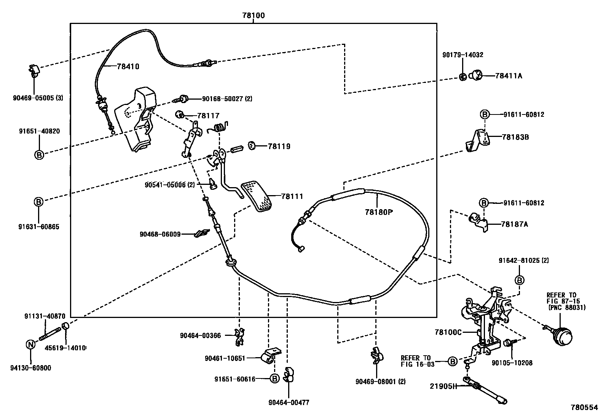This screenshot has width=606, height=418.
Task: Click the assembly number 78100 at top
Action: pyautogui.click(x=253, y=16)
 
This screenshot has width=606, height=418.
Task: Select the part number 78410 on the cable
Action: pyautogui.click(x=128, y=67)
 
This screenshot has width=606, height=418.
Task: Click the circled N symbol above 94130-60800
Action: pyautogui.click(x=30, y=345)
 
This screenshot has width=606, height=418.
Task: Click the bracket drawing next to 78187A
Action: pyautogui.click(x=477, y=221)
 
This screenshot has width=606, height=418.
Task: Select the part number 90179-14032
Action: pyautogui.click(x=462, y=55)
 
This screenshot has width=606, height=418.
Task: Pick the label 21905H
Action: pyautogui.click(x=443, y=386)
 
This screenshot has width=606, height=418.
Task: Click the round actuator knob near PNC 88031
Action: pyautogui.click(x=562, y=337)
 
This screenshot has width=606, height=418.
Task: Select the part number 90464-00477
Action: pyautogui.click(x=289, y=402)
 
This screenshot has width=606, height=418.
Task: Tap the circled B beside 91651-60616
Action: pyautogui.click(x=274, y=378)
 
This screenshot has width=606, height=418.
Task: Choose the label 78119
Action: pyautogui.click(x=279, y=146)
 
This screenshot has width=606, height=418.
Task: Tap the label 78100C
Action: pyautogui.click(x=448, y=332)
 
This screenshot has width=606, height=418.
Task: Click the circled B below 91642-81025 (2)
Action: pyautogui.click(x=520, y=280)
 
